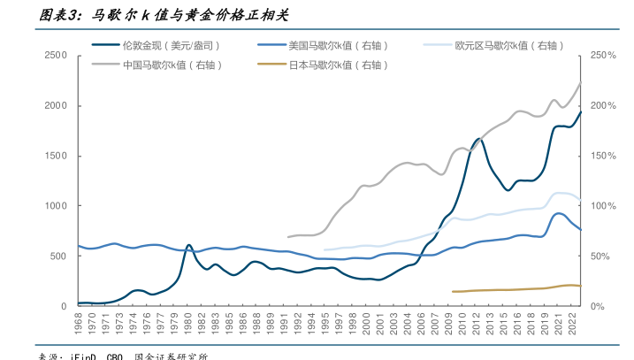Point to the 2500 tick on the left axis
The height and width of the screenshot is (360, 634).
click(x=56, y=56)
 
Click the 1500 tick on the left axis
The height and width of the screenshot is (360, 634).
click(x=56, y=157)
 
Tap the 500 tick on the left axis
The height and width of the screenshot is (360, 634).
click(x=58, y=257)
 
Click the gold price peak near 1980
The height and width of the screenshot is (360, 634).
click(x=188, y=245)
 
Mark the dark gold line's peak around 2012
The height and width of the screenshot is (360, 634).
click(x=480, y=139)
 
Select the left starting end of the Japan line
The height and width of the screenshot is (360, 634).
click(x=453, y=291)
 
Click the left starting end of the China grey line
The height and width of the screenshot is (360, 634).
click(x=288, y=237)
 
